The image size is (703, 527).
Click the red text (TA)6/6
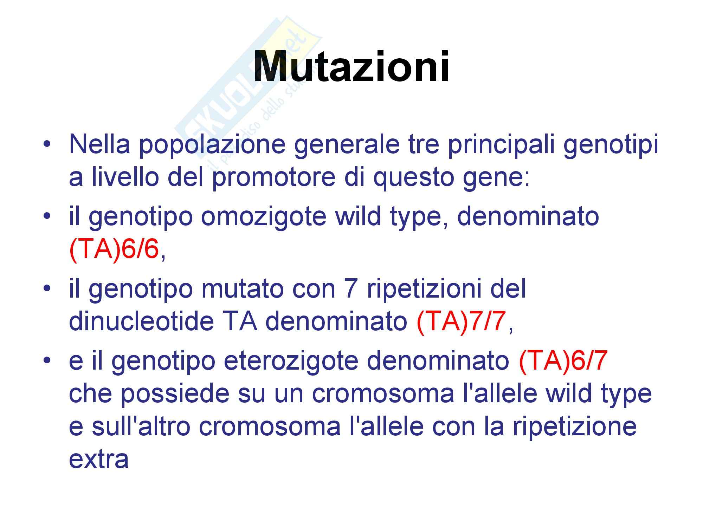114,249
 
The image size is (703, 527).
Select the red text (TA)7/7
461,321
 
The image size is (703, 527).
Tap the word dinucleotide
141,321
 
